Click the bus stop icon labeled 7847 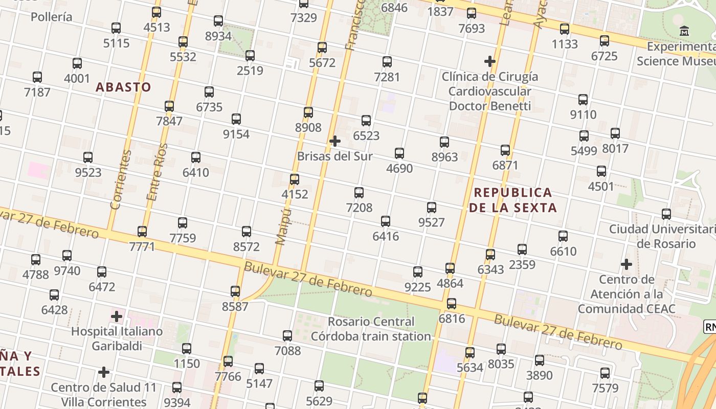click(x=169, y=106)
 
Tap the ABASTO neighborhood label click(x=124, y=87)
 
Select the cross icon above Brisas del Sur click(x=335, y=141)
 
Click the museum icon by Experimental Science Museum click(x=684, y=31)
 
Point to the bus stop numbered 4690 click(x=399, y=153)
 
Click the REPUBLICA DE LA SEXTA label click(x=513, y=200)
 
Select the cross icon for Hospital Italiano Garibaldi click(x=117, y=316)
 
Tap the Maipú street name click(x=283, y=226)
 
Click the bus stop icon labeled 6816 click(x=451, y=304)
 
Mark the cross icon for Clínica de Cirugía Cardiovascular click(x=490, y=61)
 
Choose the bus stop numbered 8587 click(x=235, y=291)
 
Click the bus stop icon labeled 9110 click(x=583, y=100)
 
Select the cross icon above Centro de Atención click(x=626, y=264)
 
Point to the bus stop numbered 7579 click(x=605, y=373)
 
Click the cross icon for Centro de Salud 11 click(x=104, y=372)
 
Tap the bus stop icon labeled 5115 click(x=116, y=28)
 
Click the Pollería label click(x=51, y=17)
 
